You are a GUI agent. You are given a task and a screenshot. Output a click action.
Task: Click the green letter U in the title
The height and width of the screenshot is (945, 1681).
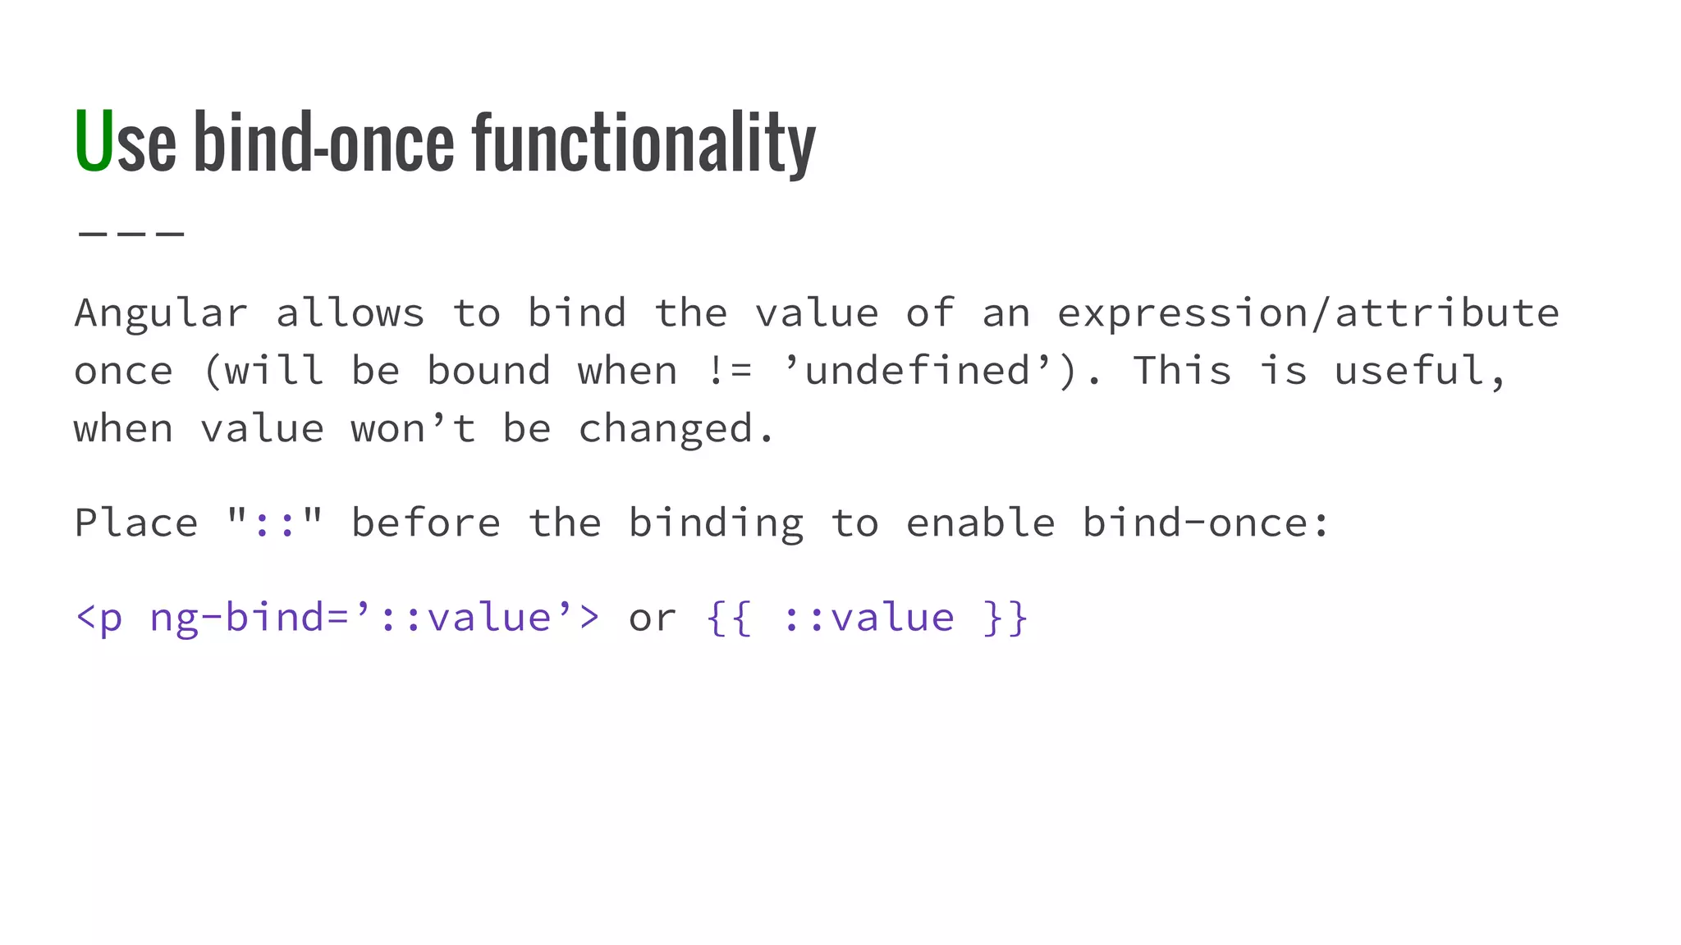(x=93, y=141)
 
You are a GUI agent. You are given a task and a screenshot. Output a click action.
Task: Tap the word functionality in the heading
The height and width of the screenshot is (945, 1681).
(x=644, y=144)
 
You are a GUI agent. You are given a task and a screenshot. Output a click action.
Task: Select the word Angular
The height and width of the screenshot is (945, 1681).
(x=161, y=313)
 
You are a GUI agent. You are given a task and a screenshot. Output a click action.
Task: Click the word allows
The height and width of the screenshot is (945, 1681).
(x=350, y=313)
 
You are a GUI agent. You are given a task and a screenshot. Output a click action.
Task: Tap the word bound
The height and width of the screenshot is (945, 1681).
(x=488, y=371)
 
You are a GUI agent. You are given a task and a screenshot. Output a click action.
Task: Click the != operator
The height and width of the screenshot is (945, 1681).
(x=729, y=371)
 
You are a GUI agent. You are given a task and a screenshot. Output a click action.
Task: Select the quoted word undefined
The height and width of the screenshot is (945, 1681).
(x=918, y=371)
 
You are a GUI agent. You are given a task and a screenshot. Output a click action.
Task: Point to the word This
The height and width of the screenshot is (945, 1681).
(x=1182, y=371)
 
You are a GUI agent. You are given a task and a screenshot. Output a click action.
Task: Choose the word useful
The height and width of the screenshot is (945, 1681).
(x=1420, y=371)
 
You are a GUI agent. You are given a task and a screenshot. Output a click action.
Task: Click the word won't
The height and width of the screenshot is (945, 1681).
(x=413, y=429)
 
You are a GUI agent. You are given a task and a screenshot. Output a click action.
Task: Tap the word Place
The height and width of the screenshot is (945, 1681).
(x=136, y=523)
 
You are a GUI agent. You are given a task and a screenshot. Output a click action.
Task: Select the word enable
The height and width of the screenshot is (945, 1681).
(x=980, y=523)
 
